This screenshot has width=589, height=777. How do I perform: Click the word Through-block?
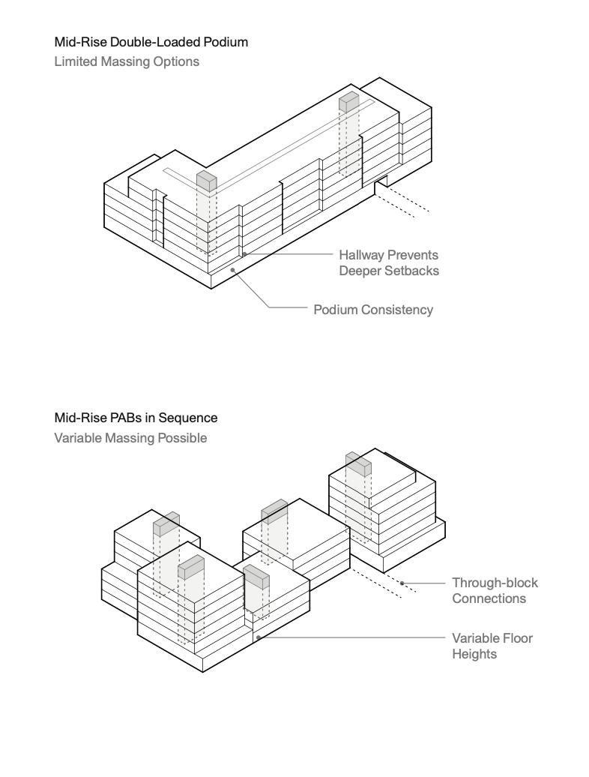pyautogui.click(x=495, y=583)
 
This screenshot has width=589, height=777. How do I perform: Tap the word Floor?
pyautogui.click(x=517, y=638)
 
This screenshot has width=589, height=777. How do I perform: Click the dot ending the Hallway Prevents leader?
pyautogui.click(x=244, y=255)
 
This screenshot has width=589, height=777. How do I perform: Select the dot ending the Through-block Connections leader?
pyautogui.click(x=402, y=583)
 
